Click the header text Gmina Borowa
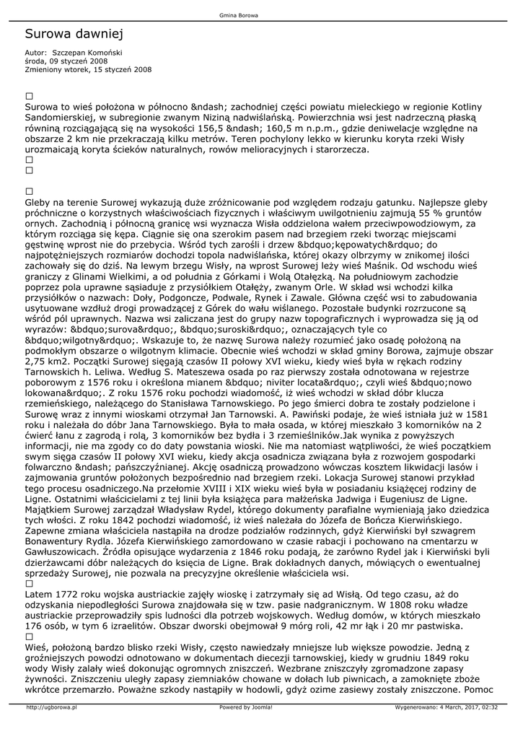(x=239, y=15)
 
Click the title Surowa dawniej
(x=75, y=34)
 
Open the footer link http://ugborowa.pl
(x=51, y=707)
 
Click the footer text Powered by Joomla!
(x=246, y=707)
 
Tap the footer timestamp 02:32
(x=490, y=707)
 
